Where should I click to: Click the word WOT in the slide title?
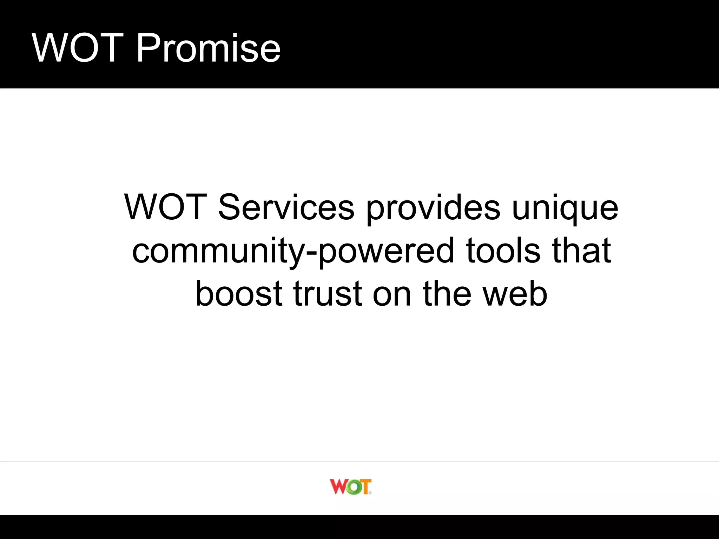pos(78,48)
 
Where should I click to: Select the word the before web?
pos(447,294)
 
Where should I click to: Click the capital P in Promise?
pos(147,48)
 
